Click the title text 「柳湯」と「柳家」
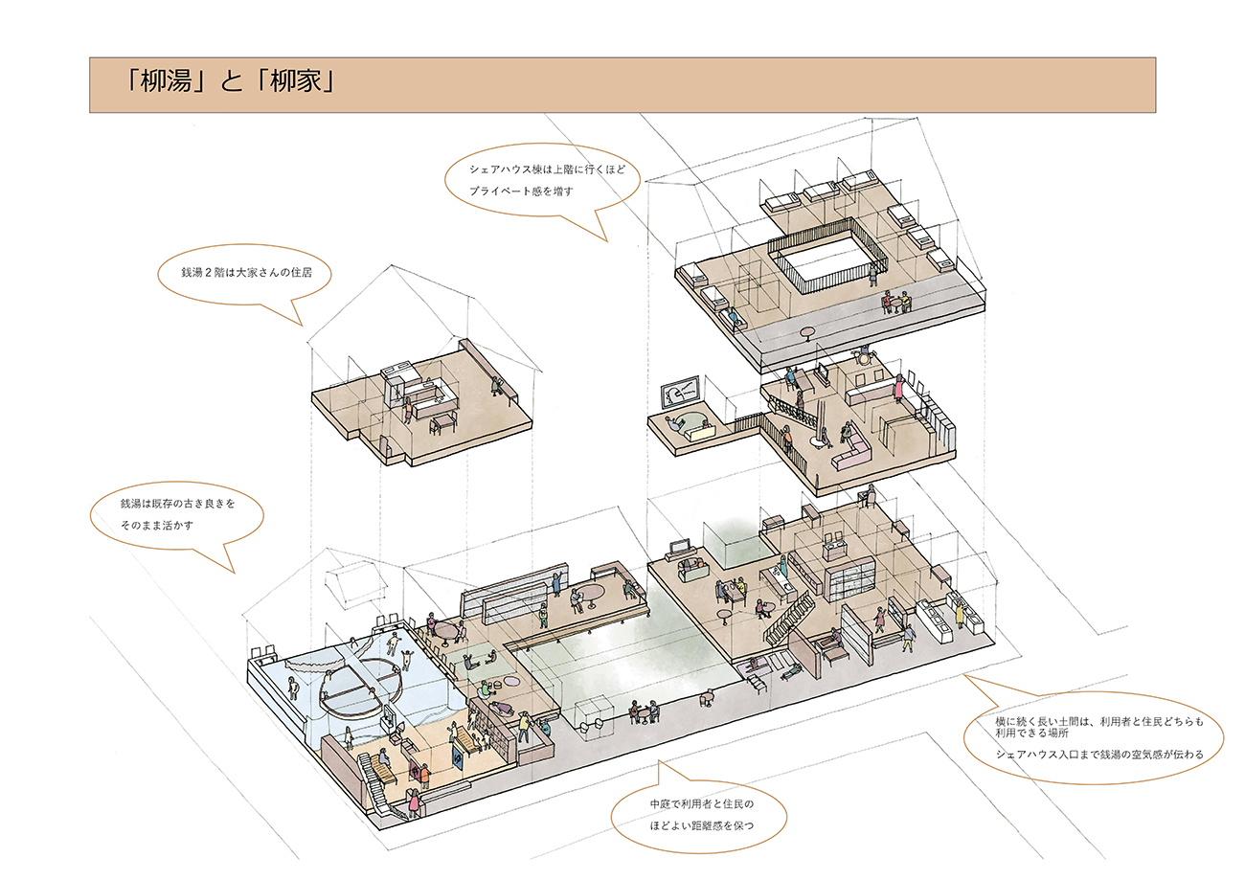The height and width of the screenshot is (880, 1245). (x=230, y=81)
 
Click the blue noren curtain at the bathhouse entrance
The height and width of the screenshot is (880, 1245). (x=458, y=756)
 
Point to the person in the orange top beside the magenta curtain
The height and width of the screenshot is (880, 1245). (x=424, y=776)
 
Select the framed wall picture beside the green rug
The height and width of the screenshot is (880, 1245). (x=680, y=393)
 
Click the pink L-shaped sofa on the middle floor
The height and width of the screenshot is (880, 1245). (x=851, y=454)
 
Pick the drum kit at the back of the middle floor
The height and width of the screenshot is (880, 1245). (x=863, y=354)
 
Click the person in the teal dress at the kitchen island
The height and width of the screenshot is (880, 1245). (x=783, y=566)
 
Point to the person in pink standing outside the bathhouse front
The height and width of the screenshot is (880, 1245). (x=414, y=801)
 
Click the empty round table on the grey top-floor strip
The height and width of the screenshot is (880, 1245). (x=807, y=333)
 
